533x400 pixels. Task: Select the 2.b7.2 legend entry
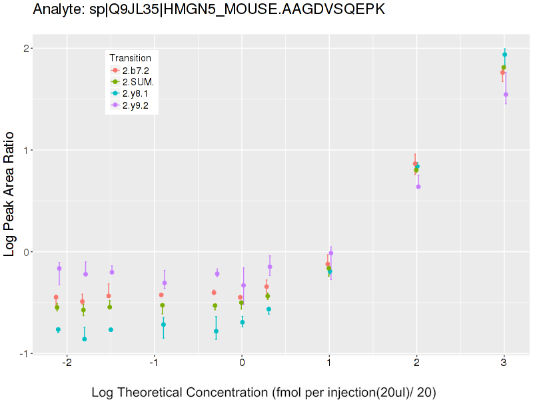point(135,70)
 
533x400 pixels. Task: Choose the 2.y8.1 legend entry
point(135,93)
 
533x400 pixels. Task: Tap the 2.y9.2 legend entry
point(135,105)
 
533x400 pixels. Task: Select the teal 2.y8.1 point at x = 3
point(505,55)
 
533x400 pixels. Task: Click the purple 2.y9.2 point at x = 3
point(506,95)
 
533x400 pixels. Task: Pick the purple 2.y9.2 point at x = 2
point(418,187)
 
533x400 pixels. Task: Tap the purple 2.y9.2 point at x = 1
point(331,253)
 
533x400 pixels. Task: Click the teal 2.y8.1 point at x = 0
point(243,322)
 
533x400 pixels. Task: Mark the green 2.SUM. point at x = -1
point(162,305)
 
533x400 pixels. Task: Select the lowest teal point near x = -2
point(85,339)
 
